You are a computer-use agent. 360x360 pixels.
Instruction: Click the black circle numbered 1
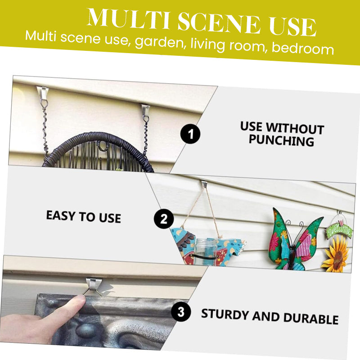point(190,134)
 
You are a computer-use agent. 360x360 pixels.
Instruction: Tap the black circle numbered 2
point(164,219)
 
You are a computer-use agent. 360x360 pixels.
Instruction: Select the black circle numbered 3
point(181,312)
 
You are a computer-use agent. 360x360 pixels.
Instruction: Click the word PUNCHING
point(281,140)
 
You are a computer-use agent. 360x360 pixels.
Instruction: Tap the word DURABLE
point(311,318)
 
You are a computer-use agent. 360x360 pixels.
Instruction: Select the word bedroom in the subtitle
point(302,48)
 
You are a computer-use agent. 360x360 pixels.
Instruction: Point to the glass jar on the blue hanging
point(206,252)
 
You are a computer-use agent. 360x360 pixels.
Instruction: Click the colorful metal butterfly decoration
point(295,239)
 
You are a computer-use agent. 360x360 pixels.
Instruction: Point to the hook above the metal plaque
point(93,284)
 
